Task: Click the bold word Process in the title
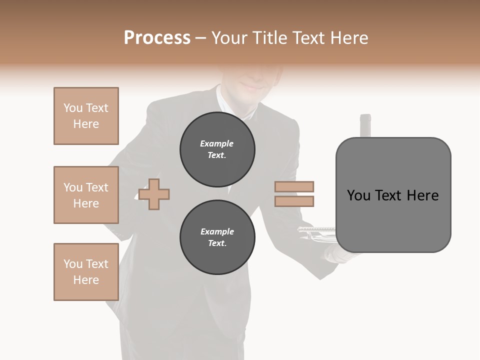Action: point(157,37)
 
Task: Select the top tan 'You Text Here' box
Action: point(86,116)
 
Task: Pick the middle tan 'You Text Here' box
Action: point(86,195)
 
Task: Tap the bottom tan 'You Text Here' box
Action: point(86,272)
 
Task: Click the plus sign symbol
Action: point(154,194)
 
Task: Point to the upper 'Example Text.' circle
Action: point(217,149)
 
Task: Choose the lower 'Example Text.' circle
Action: point(217,237)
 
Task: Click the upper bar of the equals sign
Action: point(294,187)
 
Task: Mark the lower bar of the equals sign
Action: point(294,201)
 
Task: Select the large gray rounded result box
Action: point(393,195)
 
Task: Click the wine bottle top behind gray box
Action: point(365,125)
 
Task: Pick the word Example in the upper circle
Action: point(217,144)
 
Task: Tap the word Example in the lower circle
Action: point(217,232)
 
